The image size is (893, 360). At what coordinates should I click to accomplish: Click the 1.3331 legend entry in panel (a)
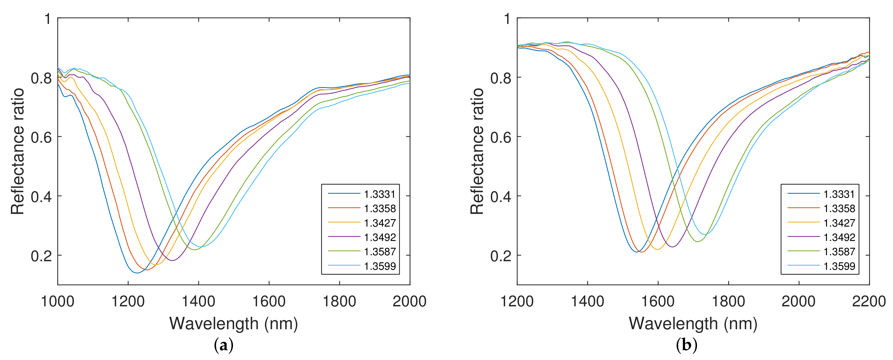pos(380,194)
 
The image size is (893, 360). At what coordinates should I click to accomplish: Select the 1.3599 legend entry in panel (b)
pos(839,266)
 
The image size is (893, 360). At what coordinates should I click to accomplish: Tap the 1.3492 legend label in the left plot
pos(380,237)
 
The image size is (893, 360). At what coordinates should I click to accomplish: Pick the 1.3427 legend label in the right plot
pos(839,223)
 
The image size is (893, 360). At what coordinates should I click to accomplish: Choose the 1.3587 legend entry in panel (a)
pos(380,252)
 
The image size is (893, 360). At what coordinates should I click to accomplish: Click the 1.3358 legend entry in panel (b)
pos(839,209)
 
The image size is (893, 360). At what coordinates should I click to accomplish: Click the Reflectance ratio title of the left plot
pos(17,151)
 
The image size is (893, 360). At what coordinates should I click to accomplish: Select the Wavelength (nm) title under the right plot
pos(693,324)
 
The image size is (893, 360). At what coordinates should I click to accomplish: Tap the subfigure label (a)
pos(224,345)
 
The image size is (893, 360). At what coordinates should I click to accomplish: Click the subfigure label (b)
pos(686,345)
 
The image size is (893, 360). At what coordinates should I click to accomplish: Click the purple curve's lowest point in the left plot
pos(172,260)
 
